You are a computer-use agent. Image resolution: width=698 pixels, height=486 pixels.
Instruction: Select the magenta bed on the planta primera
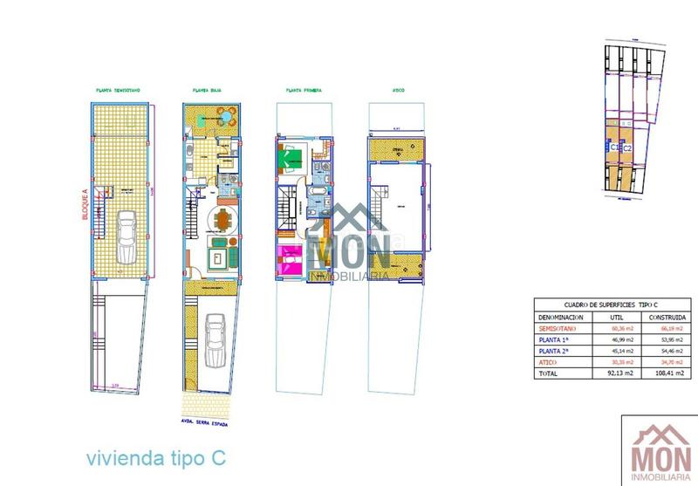tap(289, 258)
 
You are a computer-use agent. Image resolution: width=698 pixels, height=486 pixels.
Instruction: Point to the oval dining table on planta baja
tap(224, 221)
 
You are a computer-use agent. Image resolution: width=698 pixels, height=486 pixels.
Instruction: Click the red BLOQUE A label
tap(85, 206)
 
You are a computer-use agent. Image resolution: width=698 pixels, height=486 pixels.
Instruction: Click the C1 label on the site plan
tap(615, 148)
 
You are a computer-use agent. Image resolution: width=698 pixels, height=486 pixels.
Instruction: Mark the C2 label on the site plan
tap(627, 148)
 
